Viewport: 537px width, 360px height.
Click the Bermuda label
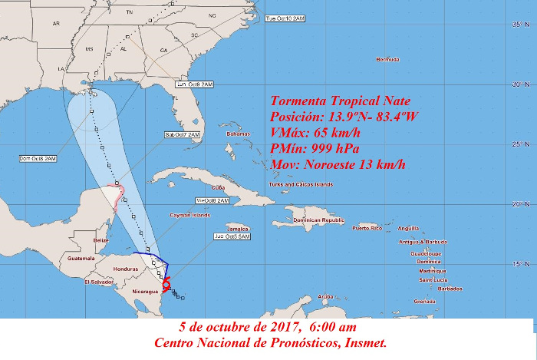[x=387, y=59]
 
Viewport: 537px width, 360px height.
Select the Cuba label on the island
[x=217, y=187]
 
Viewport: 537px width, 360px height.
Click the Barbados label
[x=450, y=289]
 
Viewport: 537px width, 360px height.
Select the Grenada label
[x=424, y=302]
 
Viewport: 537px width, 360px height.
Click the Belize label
[x=100, y=240]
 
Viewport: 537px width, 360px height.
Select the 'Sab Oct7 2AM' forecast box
[x=182, y=135]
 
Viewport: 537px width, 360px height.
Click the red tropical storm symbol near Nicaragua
[x=166, y=284]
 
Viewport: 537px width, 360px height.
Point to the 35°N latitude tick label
[x=519, y=25]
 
